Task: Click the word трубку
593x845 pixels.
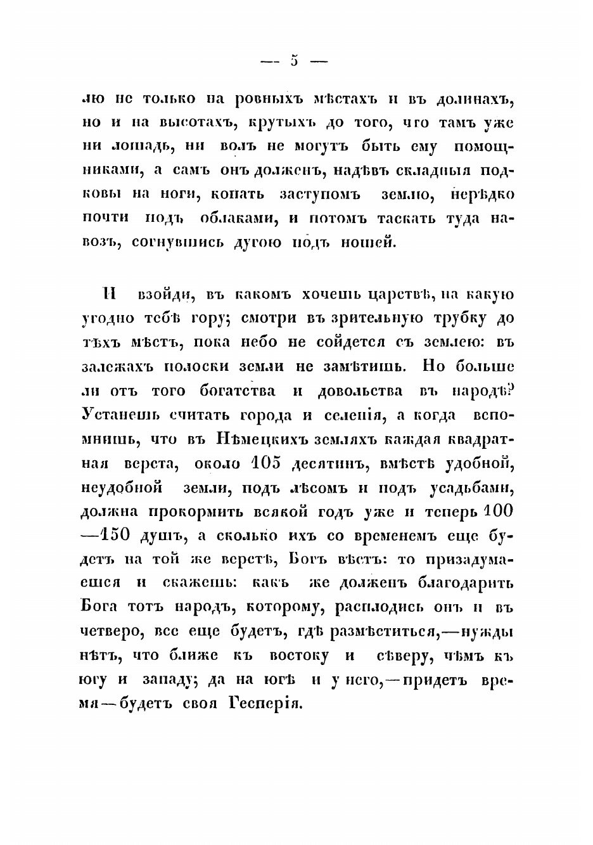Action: [x=450, y=318]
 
